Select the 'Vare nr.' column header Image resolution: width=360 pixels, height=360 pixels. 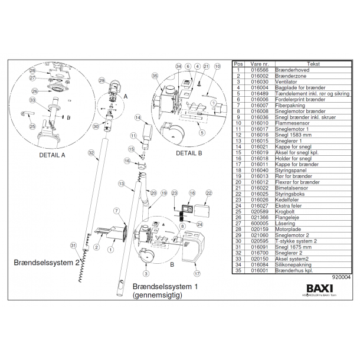coord(259,63)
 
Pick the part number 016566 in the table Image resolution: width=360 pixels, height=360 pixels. coord(259,69)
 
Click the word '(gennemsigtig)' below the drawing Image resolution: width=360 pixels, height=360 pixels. coord(155,293)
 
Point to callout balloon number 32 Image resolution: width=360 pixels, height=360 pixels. coord(90,152)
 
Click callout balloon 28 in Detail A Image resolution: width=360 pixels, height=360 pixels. coord(33,71)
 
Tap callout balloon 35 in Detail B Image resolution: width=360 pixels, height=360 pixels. coord(155,76)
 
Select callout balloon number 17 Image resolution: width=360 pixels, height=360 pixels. coord(197,274)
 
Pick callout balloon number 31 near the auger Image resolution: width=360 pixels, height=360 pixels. coord(73,246)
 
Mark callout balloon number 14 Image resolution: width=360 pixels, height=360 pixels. coord(137,118)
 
